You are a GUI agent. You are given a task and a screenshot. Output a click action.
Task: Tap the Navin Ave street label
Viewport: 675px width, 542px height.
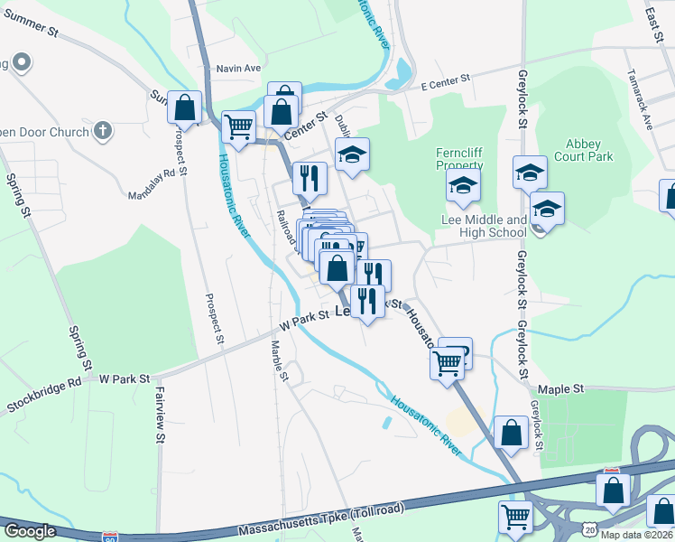(x=238, y=69)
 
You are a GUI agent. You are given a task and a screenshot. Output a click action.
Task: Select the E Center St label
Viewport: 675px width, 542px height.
(x=447, y=80)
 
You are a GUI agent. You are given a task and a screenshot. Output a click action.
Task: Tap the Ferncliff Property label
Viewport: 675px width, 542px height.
(x=459, y=159)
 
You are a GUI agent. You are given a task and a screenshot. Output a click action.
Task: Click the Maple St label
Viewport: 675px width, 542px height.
(x=567, y=388)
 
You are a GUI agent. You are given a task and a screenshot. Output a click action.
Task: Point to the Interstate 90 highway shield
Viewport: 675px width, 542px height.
(x=110, y=537)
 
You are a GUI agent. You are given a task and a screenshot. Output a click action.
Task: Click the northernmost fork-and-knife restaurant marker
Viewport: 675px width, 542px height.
(x=309, y=177)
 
